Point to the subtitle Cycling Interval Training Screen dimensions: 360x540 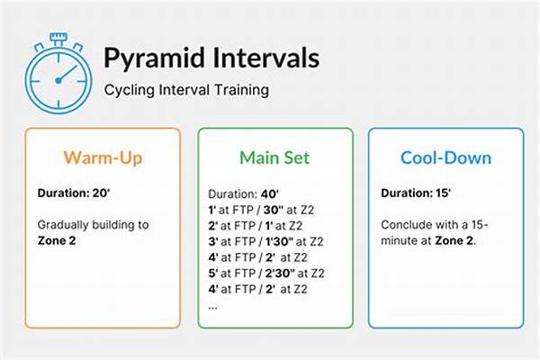pyautogui.click(x=186, y=90)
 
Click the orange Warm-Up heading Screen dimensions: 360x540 pyautogui.click(x=102, y=158)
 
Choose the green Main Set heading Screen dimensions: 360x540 pyautogui.click(x=274, y=158)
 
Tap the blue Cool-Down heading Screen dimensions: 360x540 pyautogui.click(x=446, y=158)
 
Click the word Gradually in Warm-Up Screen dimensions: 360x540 pyautogui.click(x=64, y=222)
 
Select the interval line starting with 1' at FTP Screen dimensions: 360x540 pyautogui.click(x=262, y=209)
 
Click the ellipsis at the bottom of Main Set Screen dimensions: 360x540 pyautogui.click(x=213, y=304)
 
